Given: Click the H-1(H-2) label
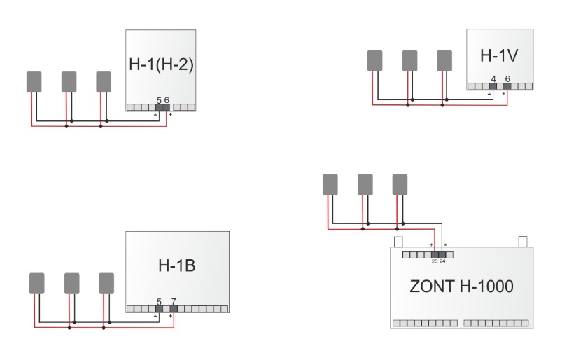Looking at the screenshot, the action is click(x=161, y=64).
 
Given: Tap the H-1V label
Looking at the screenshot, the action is click(x=499, y=55).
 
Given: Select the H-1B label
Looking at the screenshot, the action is click(x=176, y=265).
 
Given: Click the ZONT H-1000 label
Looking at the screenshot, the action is click(x=461, y=286).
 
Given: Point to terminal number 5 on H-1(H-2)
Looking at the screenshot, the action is click(x=159, y=101).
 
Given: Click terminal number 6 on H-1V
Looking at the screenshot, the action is click(x=507, y=78).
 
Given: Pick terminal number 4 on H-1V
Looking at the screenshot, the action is click(x=493, y=79).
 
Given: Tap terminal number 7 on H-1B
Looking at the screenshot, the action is click(x=174, y=302).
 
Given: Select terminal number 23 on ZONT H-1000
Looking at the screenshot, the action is click(x=435, y=261).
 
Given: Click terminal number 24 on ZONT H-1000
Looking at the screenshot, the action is click(x=442, y=261).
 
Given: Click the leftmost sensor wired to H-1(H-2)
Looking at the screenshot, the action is click(x=34, y=82).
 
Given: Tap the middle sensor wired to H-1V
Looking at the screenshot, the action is click(x=409, y=61).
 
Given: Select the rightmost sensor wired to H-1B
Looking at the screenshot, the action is click(x=106, y=283).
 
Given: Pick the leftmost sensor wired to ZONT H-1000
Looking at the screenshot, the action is click(x=330, y=185).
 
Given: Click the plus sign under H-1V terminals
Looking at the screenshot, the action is click(x=504, y=94).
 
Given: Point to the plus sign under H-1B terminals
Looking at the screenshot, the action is click(x=171, y=316).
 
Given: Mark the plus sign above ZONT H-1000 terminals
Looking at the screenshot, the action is click(x=431, y=245).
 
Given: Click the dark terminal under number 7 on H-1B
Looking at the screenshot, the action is click(x=174, y=309).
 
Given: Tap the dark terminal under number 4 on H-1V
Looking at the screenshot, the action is click(x=493, y=86).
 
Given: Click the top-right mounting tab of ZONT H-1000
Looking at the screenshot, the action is click(x=523, y=242).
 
